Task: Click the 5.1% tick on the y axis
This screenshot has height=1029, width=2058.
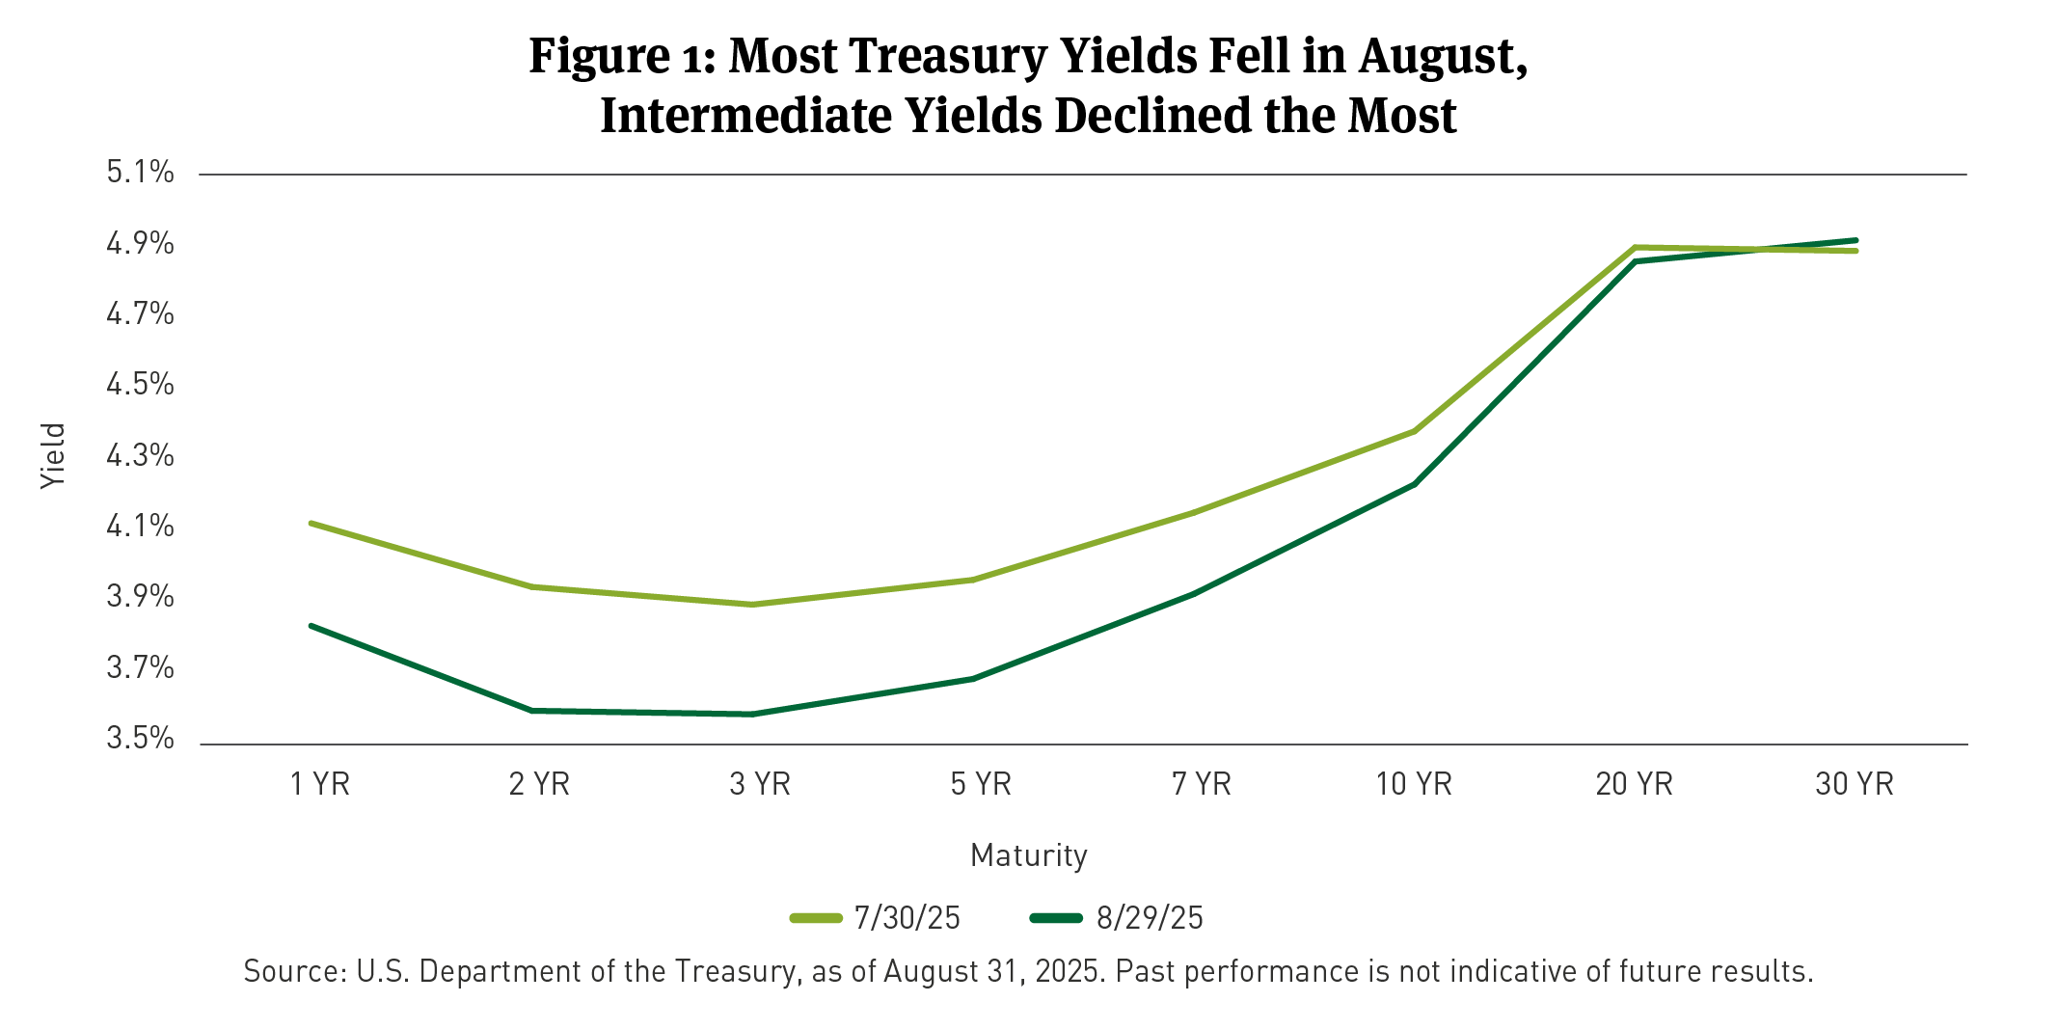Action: (x=140, y=173)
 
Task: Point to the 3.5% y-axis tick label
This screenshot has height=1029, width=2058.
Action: (x=140, y=739)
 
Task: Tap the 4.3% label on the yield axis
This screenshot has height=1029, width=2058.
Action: (x=140, y=455)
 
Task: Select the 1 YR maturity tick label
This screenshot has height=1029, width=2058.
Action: (x=319, y=784)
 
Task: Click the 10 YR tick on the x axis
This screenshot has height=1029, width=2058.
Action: (x=1413, y=784)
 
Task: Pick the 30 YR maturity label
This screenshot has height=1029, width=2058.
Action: (x=1854, y=784)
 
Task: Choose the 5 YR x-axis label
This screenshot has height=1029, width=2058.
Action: (x=981, y=784)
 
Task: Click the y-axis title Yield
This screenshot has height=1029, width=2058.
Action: (x=53, y=455)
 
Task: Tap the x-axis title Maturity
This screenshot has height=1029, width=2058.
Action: (x=1028, y=855)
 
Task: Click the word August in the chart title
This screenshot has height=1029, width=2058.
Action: (x=1441, y=56)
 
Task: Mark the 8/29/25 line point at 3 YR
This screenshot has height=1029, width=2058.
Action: (x=752, y=715)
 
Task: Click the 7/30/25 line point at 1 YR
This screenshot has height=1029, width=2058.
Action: (x=311, y=523)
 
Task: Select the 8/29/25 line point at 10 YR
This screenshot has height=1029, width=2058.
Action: (x=1415, y=483)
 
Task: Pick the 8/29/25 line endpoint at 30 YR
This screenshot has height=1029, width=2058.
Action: (x=1855, y=240)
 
